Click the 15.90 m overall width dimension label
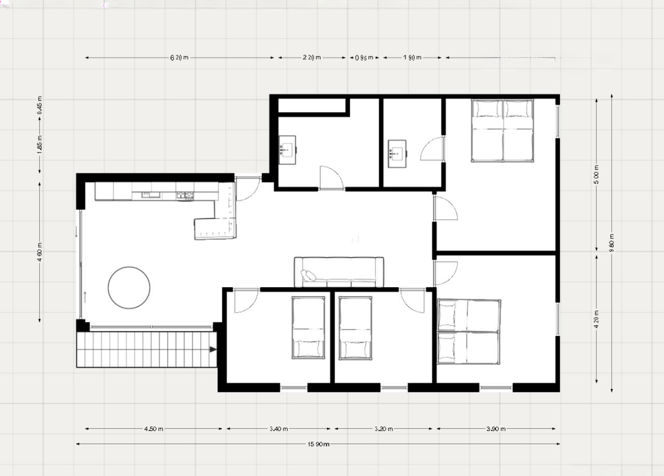coord(318,444)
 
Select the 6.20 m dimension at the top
coord(179,58)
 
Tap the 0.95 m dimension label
coord(365,58)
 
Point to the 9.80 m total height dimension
coord(612,243)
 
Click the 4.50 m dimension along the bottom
coord(154,429)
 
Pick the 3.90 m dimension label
coord(496,429)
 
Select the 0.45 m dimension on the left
coord(40,106)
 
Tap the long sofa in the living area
coord(339,272)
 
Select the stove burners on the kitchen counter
coord(185,195)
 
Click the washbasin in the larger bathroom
coord(287,150)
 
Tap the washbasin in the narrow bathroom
coord(397,153)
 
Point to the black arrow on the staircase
coord(212,349)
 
